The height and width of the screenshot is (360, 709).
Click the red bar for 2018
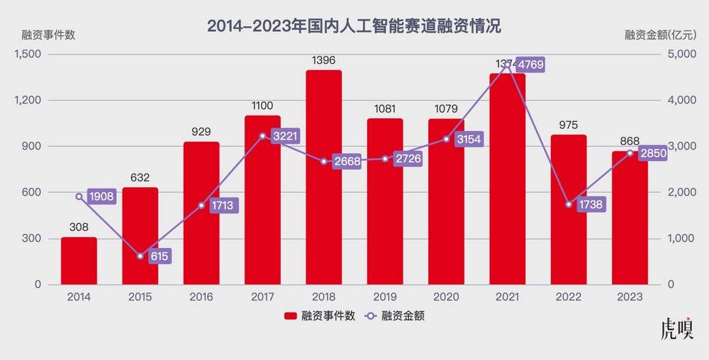323,177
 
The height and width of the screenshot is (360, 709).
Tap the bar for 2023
630,227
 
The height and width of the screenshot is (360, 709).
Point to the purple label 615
160,257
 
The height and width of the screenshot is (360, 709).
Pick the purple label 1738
590,204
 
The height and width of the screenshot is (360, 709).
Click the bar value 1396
323,61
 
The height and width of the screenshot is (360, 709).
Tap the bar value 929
201,132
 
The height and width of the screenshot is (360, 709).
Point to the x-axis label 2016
201,298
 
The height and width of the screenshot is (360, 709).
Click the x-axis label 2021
507,298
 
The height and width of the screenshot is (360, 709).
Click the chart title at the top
354,26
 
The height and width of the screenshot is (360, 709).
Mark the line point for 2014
79,196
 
